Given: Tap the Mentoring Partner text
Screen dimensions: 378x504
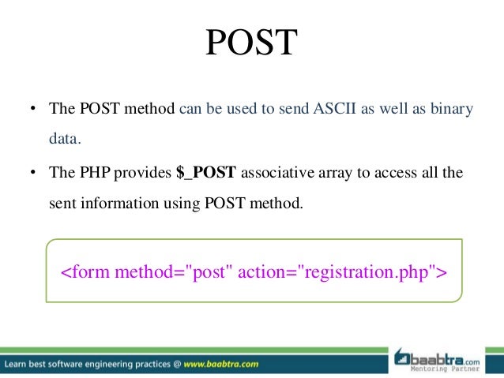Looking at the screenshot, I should coord(445,369).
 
